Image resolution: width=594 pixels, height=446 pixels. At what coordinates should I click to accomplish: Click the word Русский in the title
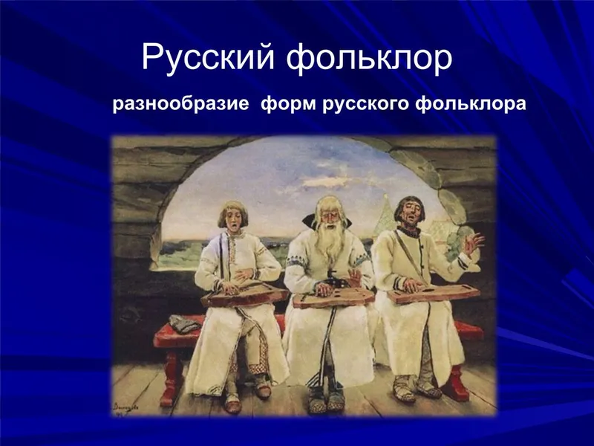click(208, 58)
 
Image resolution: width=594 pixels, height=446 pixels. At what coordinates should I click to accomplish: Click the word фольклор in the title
click(369, 58)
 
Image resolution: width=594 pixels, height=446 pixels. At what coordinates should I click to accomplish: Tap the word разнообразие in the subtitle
click(180, 104)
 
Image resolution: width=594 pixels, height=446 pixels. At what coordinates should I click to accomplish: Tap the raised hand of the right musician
click(473, 243)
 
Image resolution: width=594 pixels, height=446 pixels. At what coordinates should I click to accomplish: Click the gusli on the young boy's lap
click(244, 294)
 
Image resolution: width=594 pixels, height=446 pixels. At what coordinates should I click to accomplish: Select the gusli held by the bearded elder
click(333, 298)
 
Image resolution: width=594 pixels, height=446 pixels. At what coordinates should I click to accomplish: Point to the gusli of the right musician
click(434, 293)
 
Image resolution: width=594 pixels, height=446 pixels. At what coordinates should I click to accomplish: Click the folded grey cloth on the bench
click(184, 324)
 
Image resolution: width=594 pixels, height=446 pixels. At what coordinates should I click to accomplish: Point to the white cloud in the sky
click(327, 182)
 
